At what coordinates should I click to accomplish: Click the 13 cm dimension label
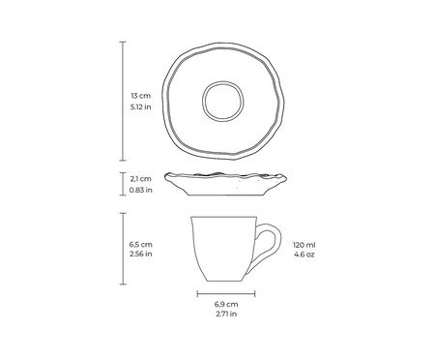coord(140,97)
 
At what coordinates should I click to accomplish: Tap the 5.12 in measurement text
coord(141,107)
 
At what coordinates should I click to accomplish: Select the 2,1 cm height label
coord(140,178)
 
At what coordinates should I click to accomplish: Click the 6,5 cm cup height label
coord(140,246)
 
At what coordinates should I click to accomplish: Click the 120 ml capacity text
coord(305,246)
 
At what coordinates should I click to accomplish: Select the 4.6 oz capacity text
coord(305,255)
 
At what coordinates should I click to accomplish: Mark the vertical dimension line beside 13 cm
coord(123,102)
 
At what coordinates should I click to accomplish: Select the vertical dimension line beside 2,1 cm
coord(123,183)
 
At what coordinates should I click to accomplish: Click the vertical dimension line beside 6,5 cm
coord(123,251)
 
